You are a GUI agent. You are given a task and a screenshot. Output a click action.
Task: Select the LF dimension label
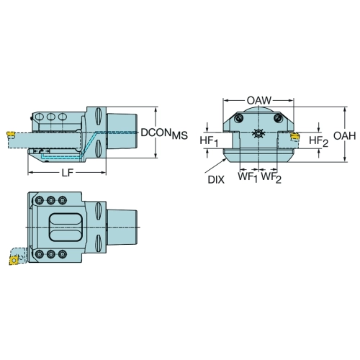tap(68, 173)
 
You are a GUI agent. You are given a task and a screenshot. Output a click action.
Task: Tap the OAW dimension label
tap(259, 100)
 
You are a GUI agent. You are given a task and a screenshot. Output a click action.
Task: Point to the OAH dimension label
tap(345, 136)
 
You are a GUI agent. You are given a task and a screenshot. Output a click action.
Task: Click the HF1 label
tap(210, 141)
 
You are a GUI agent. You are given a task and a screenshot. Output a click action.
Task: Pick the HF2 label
tap(318, 141)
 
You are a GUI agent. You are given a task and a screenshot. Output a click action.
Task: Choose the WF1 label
tap(248, 178)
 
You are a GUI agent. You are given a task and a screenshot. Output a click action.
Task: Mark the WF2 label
tap(271, 178)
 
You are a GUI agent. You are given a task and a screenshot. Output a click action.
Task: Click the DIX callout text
tap(216, 179)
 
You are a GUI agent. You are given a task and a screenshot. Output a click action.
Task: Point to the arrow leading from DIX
tap(215, 166)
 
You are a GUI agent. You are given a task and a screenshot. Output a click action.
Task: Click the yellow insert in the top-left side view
tap(11, 134)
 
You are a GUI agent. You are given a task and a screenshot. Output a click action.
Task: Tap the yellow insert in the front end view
tap(295, 137)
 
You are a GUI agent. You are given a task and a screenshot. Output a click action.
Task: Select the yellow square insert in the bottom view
tap(14, 260)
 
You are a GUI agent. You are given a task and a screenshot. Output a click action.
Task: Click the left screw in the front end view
tap(239, 118)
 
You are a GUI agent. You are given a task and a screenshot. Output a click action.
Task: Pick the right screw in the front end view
tap(278, 118)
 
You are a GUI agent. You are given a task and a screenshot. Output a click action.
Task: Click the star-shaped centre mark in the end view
tap(258, 132)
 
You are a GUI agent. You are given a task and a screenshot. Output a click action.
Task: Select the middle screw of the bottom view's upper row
tap(50, 200)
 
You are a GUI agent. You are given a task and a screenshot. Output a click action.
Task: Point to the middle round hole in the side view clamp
tap(51, 117)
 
